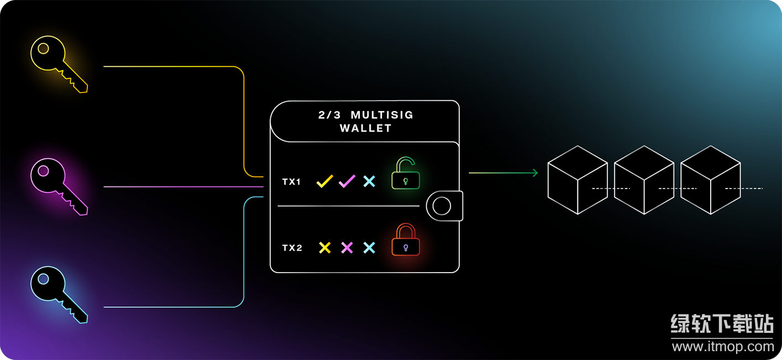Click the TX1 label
(292, 181)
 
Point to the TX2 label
(292, 248)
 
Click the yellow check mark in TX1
(324, 181)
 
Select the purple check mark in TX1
(347, 181)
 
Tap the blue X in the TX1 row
(369, 181)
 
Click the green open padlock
(406, 174)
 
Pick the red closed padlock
(406, 241)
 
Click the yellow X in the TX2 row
(325, 248)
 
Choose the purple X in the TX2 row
(347, 248)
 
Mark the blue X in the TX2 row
(369, 248)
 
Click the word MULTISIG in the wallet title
(382, 115)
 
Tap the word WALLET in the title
(365, 128)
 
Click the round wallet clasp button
(442, 206)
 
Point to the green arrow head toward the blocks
(534, 173)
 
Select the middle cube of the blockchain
(644, 180)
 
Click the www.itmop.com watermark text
(723, 346)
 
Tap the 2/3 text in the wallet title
(330, 115)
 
